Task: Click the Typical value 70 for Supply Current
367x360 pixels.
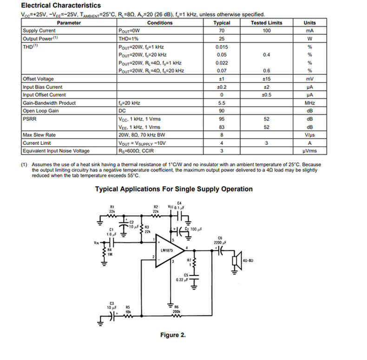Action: click(x=222, y=31)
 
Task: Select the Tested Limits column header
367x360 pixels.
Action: click(x=266, y=23)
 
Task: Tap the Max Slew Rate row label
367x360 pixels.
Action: click(x=39, y=135)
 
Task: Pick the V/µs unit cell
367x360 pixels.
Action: click(x=309, y=135)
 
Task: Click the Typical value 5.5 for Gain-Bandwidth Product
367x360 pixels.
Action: click(x=222, y=103)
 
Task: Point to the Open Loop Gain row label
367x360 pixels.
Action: click(x=41, y=111)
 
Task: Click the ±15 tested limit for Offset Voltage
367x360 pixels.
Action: click(x=266, y=79)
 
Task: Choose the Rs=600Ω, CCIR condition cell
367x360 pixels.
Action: click(x=136, y=151)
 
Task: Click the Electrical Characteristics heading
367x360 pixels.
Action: click(x=61, y=6)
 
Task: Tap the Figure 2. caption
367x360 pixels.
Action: click(x=173, y=335)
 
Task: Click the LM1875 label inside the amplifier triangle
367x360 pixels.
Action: click(x=167, y=251)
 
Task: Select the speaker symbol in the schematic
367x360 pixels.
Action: click(x=237, y=260)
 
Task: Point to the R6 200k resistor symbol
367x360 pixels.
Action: click(x=176, y=316)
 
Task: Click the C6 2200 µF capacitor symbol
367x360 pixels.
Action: click(x=220, y=251)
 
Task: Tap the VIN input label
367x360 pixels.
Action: click(x=96, y=243)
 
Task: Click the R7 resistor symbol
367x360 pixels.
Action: click(x=194, y=262)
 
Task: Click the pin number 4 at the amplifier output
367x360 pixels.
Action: click(x=187, y=247)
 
